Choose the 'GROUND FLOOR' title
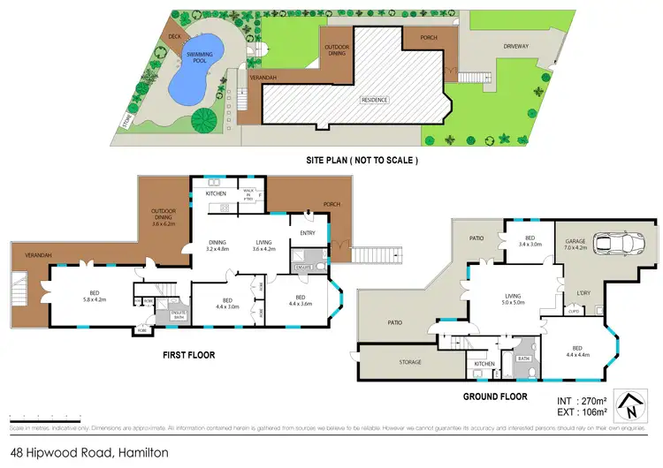click(x=497, y=396)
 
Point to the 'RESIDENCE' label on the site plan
click(x=374, y=100)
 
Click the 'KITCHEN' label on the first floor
click(x=217, y=193)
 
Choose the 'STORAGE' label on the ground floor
click(x=408, y=362)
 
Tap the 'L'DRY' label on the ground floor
click(x=583, y=292)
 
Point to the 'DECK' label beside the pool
click(x=175, y=36)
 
